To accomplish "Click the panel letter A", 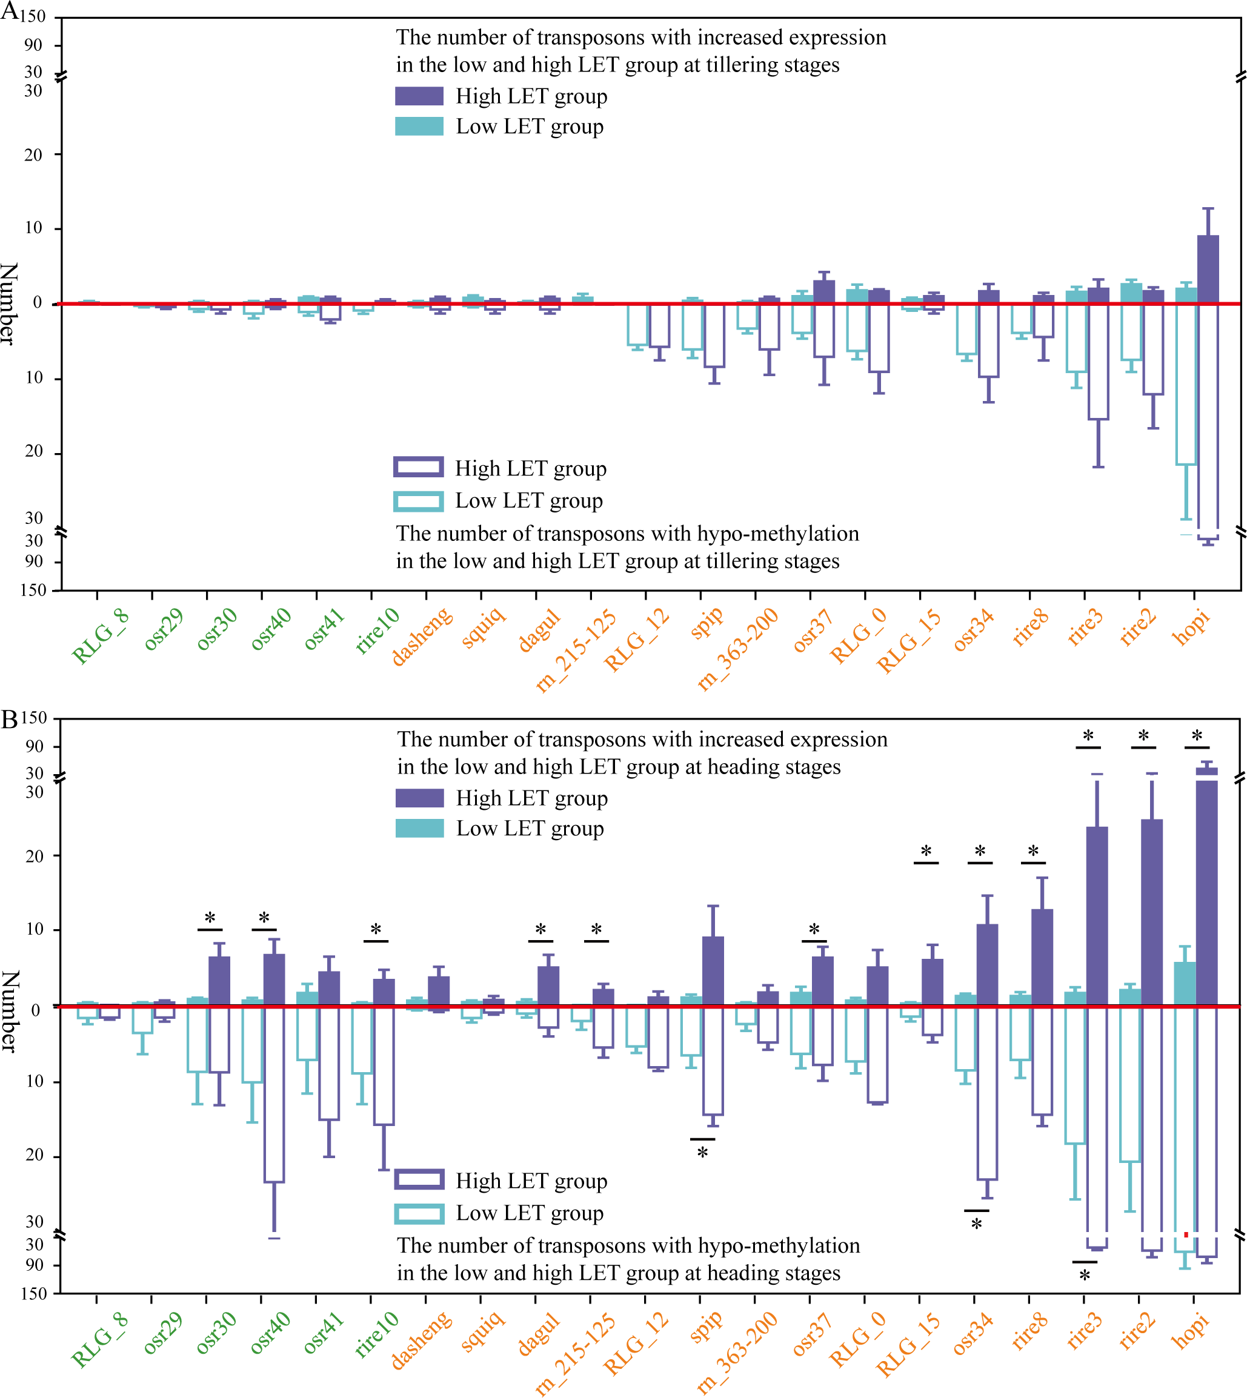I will click(10, 11).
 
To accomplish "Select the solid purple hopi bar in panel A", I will click(1208, 269).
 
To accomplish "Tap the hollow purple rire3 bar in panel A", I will click(1099, 362).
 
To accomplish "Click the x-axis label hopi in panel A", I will click(1191, 627).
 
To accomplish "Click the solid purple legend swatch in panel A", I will click(419, 96).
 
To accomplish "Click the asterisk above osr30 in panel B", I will click(210, 918).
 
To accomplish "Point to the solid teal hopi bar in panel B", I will click(1185, 984).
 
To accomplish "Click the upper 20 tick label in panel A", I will click(33, 155).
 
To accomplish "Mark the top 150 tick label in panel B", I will click(35, 718).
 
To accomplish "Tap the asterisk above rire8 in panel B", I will click(1033, 852).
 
